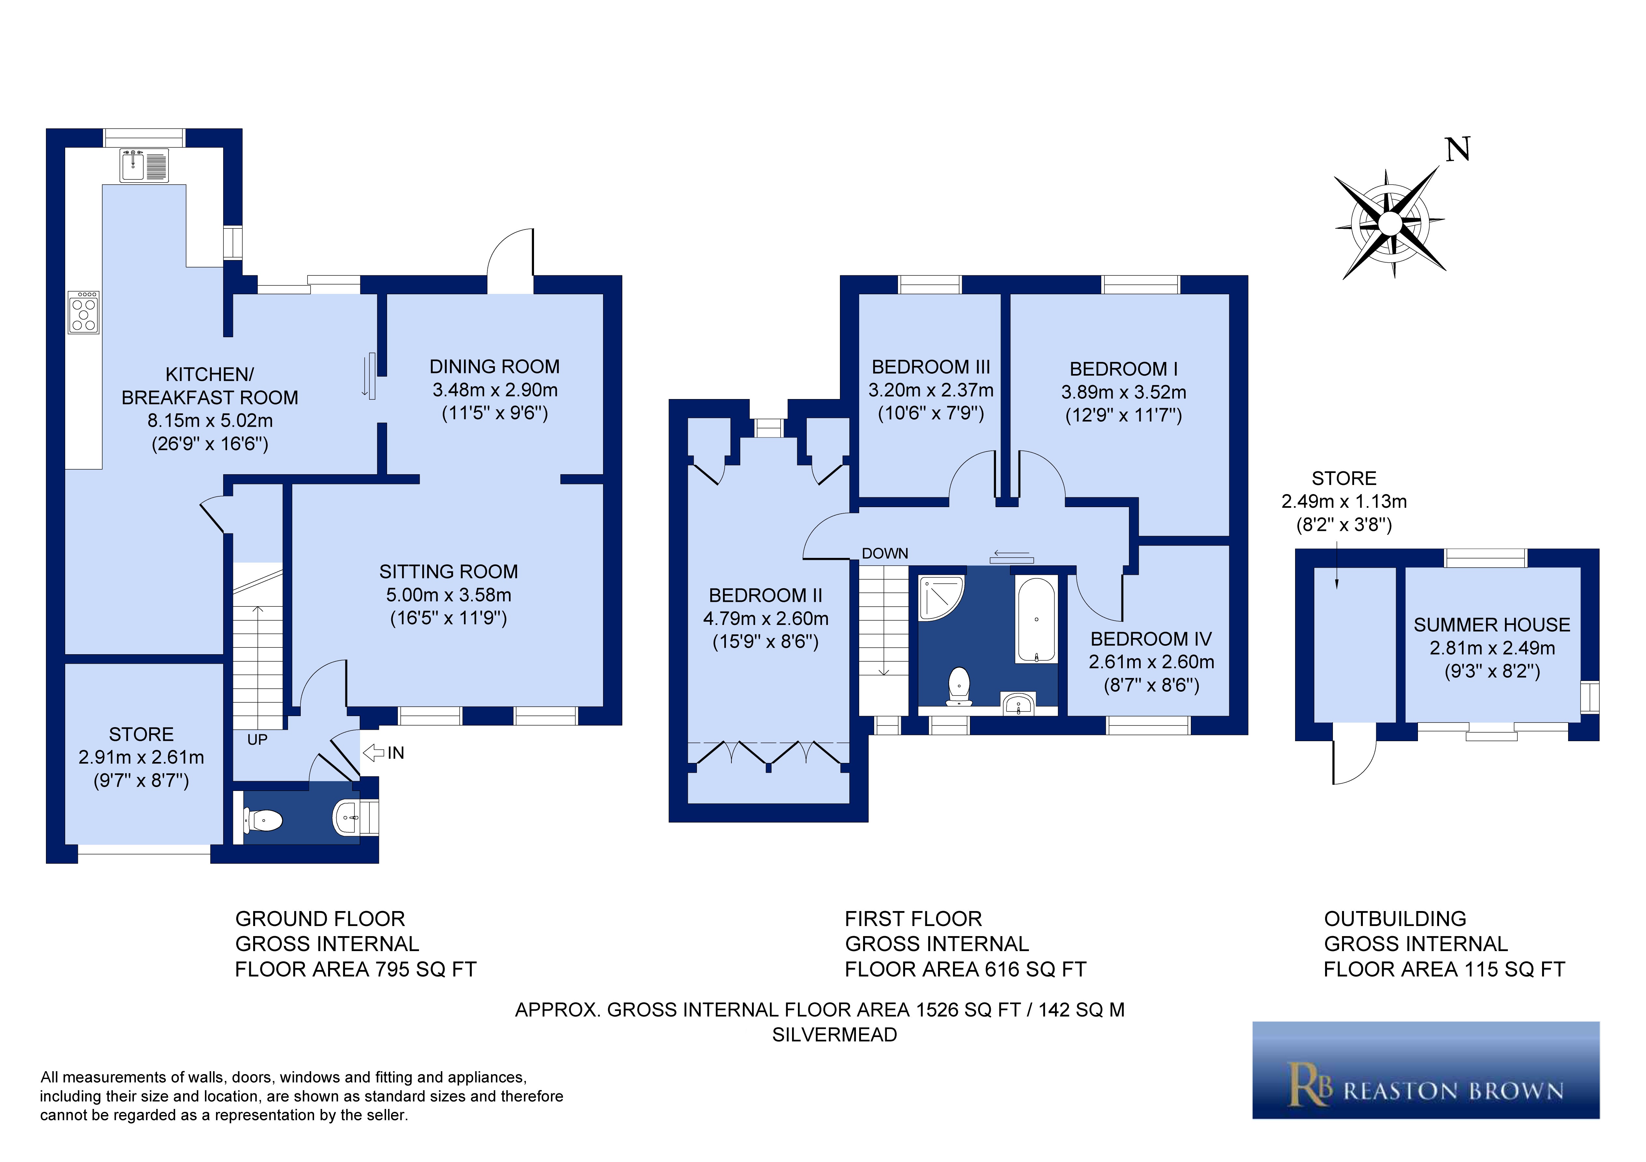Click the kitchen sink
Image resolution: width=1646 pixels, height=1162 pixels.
(x=144, y=165)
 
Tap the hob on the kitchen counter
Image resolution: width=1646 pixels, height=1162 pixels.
(x=84, y=312)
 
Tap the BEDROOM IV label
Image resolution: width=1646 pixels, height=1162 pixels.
(x=1151, y=639)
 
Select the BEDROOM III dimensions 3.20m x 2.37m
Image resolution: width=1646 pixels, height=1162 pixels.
(x=931, y=391)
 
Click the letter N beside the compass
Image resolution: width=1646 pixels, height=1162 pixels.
(x=1457, y=150)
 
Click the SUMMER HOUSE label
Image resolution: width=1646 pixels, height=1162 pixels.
(x=1491, y=625)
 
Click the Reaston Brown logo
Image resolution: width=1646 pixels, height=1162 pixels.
(x=1425, y=1070)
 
